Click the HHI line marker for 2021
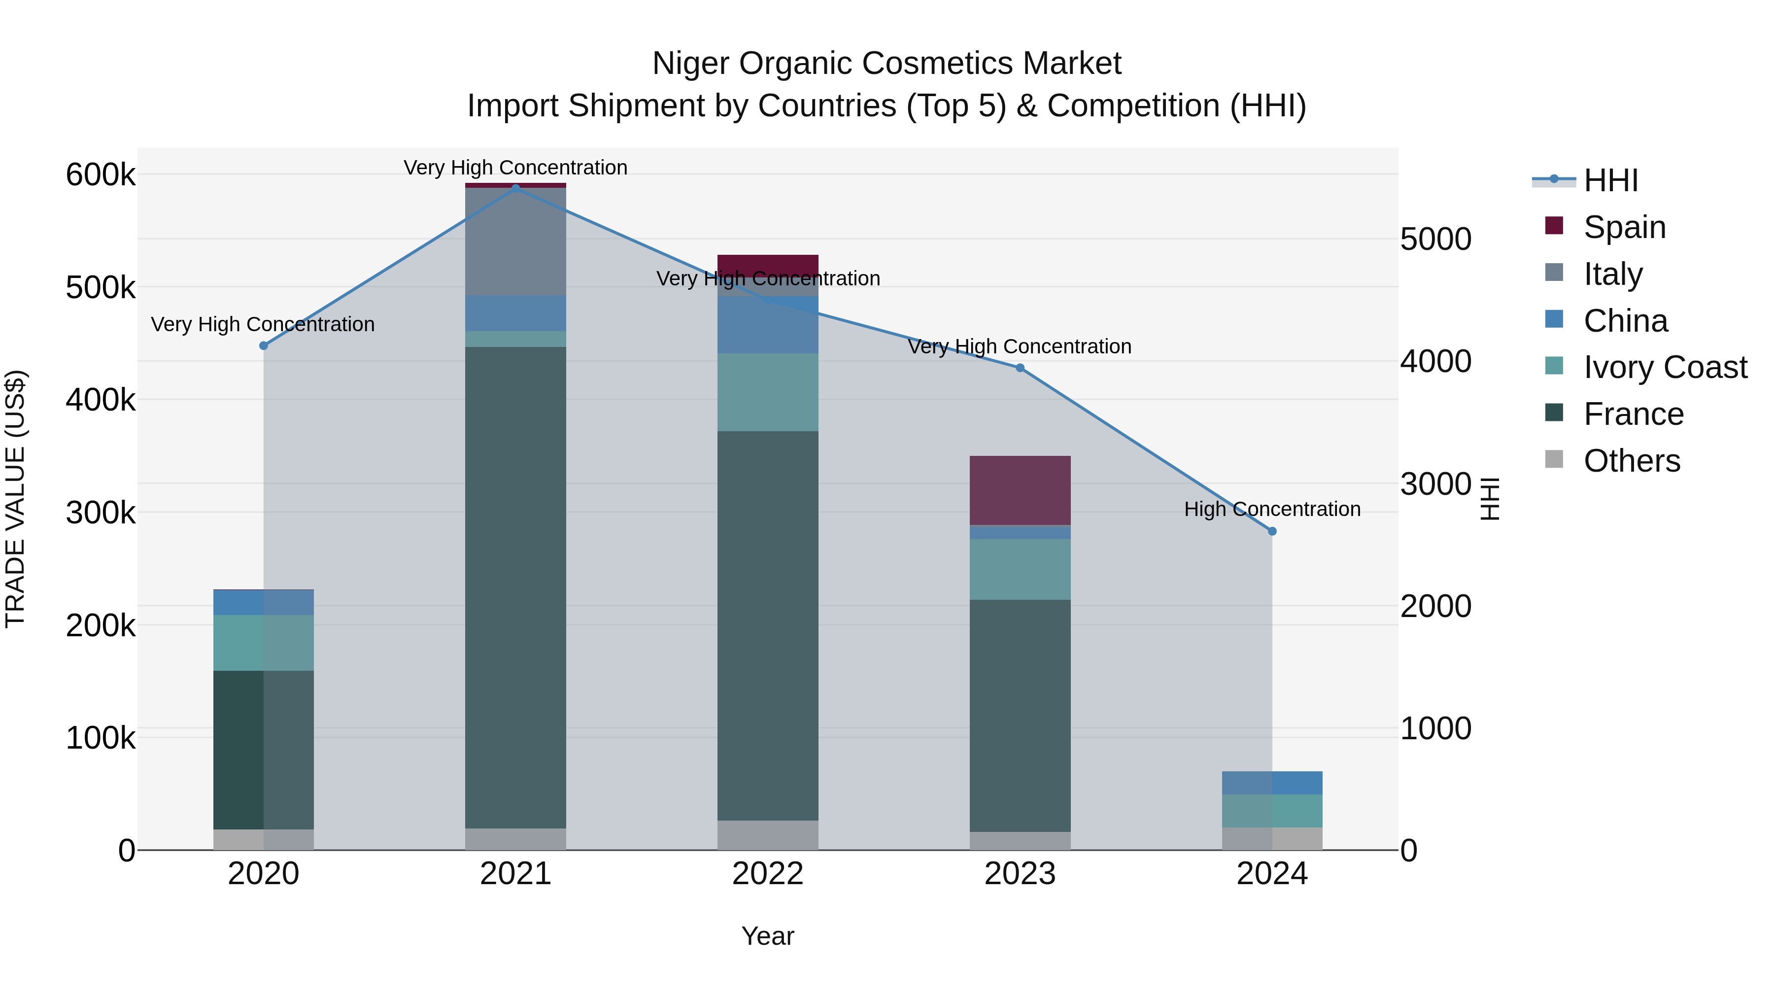click(x=516, y=188)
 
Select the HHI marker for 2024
click(x=1272, y=531)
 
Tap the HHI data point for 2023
click(x=1020, y=368)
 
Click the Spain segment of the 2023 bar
click(x=1020, y=490)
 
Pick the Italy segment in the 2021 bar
click(x=516, y=241)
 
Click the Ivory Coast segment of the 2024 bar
click(x=1272, y=811)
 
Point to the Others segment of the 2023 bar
click(x=1020, y=840)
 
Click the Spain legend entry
click(x=1624, y=227)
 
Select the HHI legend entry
click(x=1610, y=180)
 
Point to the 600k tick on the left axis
click(x=101, y=174)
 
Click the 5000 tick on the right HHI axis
click(x=1436, y=239)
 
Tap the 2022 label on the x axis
click(x=768, y=873)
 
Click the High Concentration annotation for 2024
click(x=1272, y=509)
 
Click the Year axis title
click(x=768, y=936)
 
